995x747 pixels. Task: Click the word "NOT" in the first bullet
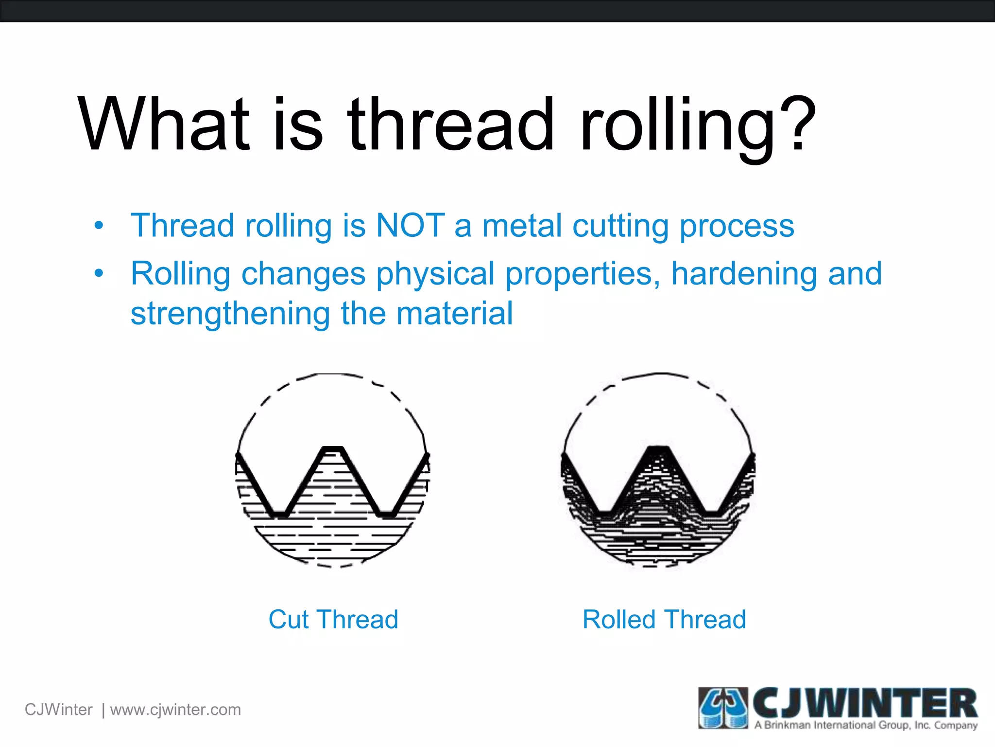click(x=411, y=226)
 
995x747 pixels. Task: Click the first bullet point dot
click(x=99, y=226)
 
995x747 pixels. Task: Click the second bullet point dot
click(x=99, y=273)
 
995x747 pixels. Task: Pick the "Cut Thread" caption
click(x=333, y=620)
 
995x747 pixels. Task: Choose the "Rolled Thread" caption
click(x=664, y=620)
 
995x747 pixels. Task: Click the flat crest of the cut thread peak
click(x=333, y=448)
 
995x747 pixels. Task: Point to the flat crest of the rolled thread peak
click(x=659, y=447)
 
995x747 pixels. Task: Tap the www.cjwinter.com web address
click(x=175, y=710)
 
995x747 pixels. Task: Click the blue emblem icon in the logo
click(x=723, y=708)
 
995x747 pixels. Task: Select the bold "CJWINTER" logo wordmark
click(x=865, y=703)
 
